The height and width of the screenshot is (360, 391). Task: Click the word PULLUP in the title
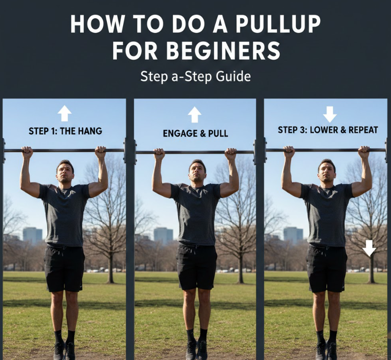(278, 24)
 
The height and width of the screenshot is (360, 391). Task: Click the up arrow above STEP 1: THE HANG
(65, 113)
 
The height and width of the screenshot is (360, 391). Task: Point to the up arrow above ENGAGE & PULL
(195, 115)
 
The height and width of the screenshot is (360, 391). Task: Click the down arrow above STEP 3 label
(330, 114)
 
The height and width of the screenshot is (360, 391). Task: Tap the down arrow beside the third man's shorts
(369, 248)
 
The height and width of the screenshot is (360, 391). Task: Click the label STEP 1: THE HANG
(65, 131)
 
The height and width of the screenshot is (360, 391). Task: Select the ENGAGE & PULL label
(195, 133)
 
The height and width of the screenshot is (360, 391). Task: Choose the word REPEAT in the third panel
(363, 130)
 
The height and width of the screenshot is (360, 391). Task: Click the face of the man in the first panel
(65, 172)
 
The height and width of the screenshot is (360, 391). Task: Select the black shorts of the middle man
(197, 267)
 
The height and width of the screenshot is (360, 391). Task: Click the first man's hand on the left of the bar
(27, 152)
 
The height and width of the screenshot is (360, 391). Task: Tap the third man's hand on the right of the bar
(364, 152)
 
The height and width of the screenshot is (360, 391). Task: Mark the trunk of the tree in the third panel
(372, 269)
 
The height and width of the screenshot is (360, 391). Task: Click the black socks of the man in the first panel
(65, 336)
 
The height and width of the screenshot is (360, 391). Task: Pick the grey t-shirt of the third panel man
(326, 215)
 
